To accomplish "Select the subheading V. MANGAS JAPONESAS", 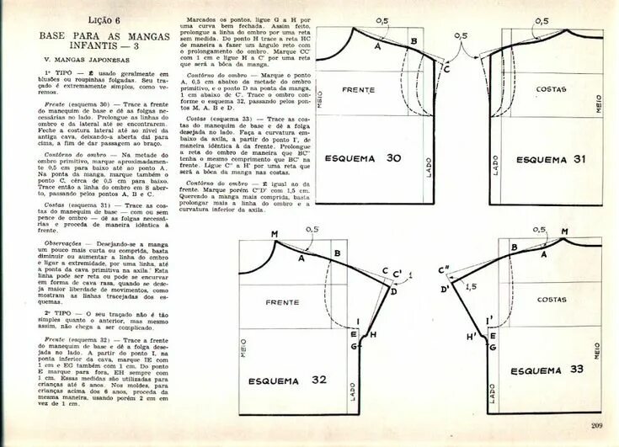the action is point(87,61).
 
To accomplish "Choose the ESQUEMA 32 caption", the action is point(288,380).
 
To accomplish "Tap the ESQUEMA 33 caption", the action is point(547,370).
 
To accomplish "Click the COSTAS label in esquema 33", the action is point(552,299).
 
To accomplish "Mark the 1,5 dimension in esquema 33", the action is point(471,286).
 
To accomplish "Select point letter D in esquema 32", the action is point(392,290).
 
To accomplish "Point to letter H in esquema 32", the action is point(373,334).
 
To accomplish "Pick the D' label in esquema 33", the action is point(445,290).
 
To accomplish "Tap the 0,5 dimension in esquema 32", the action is point(312,229).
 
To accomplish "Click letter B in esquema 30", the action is point(414,41).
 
